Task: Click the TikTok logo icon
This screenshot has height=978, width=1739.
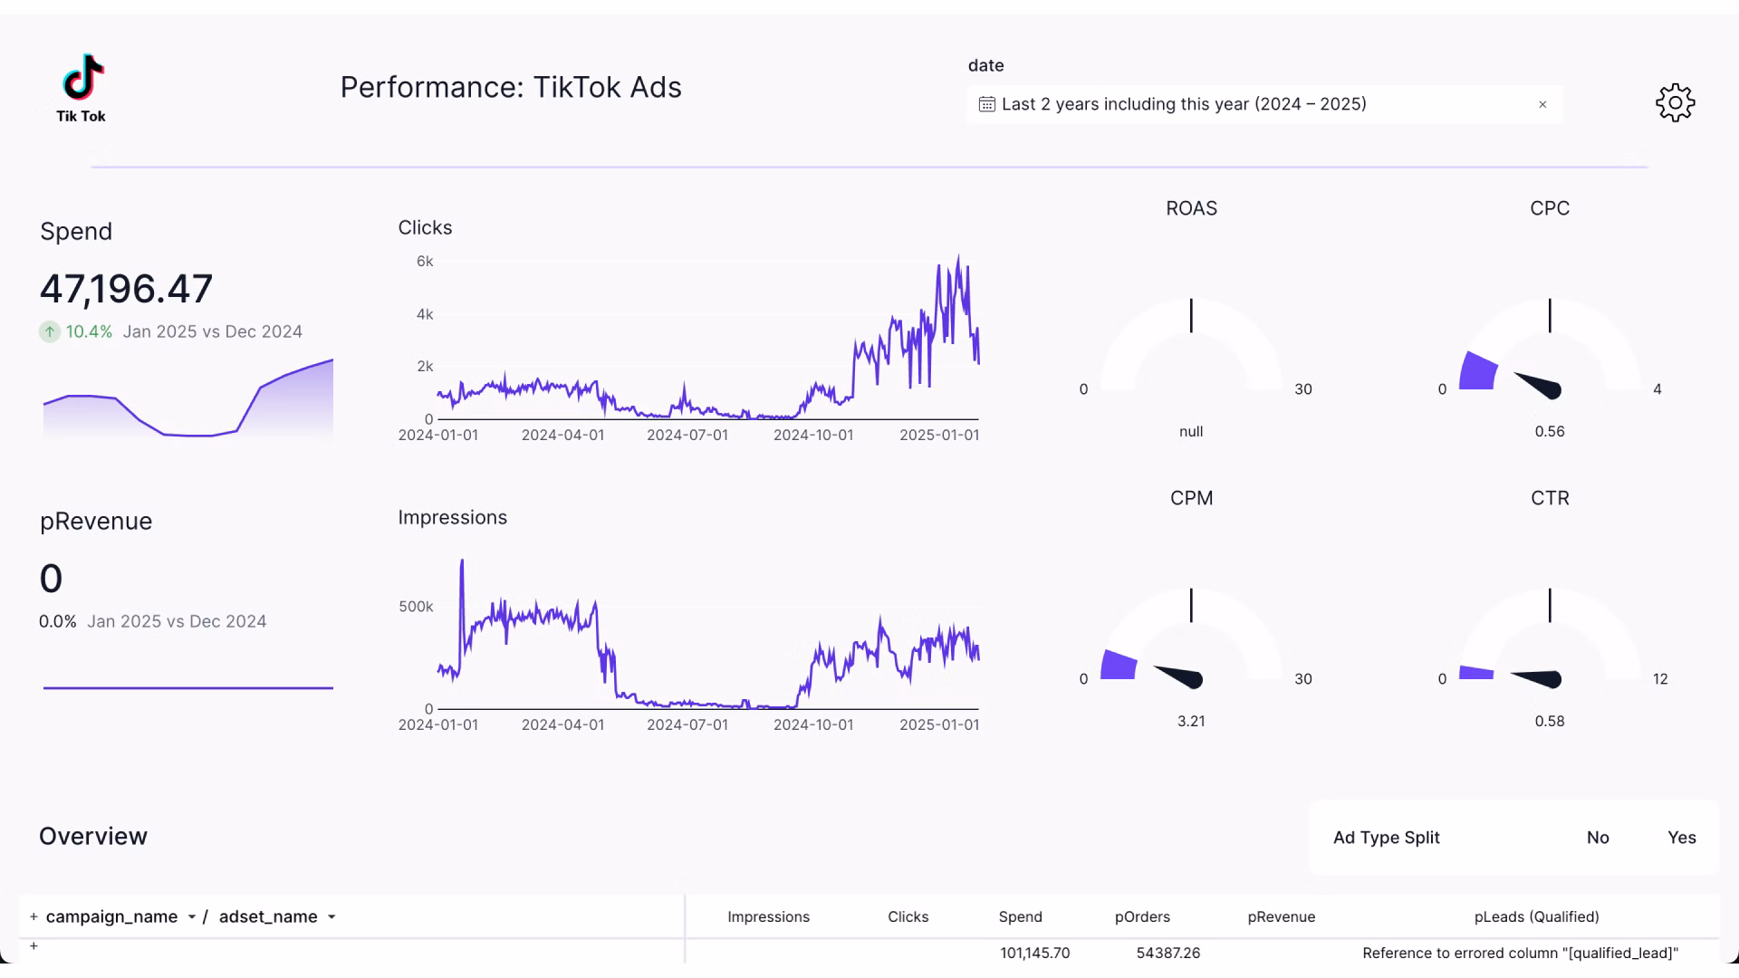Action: (x=82, y=77)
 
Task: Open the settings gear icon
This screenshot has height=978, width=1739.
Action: (x=1675, y=103)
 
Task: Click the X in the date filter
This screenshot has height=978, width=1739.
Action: (x=1542, y=105)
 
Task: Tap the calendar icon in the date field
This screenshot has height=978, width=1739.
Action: (x=986, y=105)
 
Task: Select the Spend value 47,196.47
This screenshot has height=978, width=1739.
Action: (x=126, y=289)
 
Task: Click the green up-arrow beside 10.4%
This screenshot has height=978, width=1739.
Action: (x=50, y=332)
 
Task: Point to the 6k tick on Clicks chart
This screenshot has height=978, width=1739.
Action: (x=425, y=262)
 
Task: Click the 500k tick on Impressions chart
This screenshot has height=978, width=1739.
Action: (x=416, y=607)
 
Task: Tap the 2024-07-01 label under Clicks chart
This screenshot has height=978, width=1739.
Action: (x=687, y=436)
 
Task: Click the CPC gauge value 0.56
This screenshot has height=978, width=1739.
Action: (x=1549, y=432)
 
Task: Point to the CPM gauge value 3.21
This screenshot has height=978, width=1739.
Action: (x=1190, y=722)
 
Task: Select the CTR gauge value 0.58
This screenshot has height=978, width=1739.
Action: (x=1549, y=722)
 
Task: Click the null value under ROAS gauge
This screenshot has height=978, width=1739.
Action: (x=1190, y=432)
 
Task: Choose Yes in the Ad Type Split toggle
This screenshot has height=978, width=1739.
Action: (x=1681, y=839)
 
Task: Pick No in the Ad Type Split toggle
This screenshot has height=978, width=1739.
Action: (x=1597, y=839)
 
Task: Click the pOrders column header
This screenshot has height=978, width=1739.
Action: (x=1141, y=917)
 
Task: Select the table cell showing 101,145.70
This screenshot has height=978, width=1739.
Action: (x=1034, y=954)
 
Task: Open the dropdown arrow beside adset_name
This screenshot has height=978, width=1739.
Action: (x=331, y=917)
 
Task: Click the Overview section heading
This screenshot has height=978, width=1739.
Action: (x=93, y=837)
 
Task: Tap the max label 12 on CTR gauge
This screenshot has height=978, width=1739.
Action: (x=1659, y=679)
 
